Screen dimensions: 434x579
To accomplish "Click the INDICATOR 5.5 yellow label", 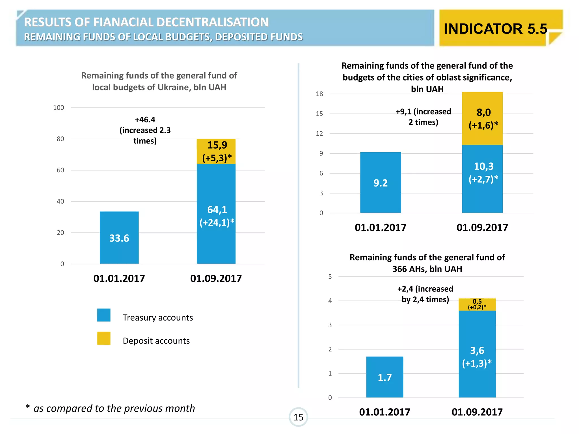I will pos(495,29).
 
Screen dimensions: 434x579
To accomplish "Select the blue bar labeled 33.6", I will pos(119,238).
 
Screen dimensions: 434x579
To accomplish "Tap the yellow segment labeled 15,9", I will pos(216,151).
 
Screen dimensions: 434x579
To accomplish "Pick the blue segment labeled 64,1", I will pos(216,215).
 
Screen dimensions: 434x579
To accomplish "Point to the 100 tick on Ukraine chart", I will pos(59,108).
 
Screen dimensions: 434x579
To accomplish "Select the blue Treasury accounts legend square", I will pos(104,315).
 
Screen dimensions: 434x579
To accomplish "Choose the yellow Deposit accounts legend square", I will pos(104,338).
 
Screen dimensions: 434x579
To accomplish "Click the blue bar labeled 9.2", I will pos(381,183).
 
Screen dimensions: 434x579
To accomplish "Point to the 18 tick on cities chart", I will pos(319,94).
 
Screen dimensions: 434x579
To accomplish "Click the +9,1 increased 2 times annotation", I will pos(423,117).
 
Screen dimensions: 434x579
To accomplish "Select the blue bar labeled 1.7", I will pos(384,377).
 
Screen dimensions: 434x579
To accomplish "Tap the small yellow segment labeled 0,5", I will pos(477,304).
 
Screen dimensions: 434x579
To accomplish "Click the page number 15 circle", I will pos(298,417).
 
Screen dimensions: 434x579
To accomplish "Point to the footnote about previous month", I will pos(110,408).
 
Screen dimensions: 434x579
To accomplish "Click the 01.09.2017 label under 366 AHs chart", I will pos(477,412).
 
